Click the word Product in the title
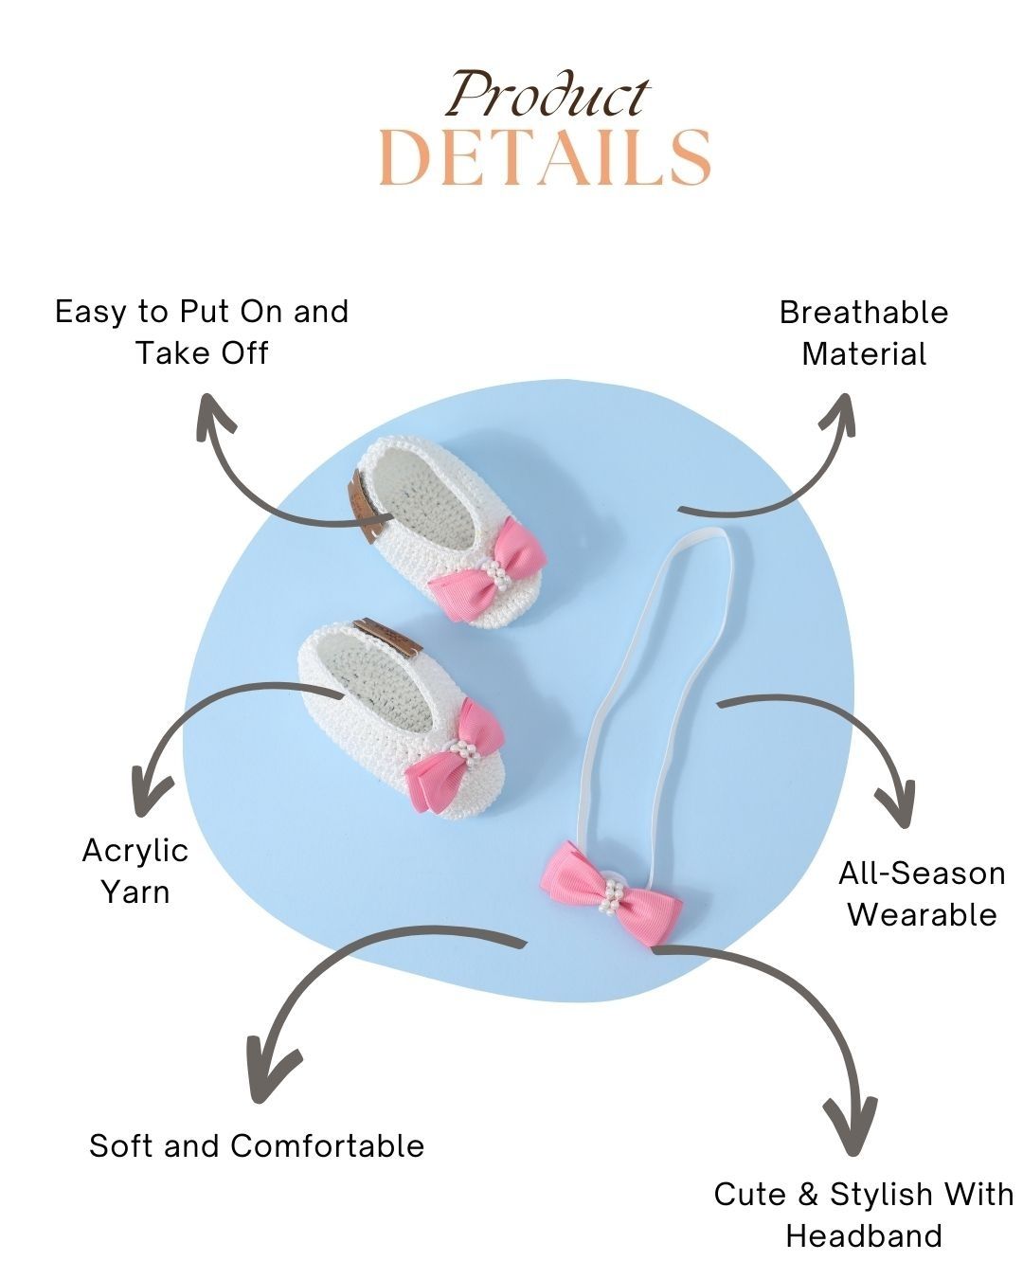pos(548,96)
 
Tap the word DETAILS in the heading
pos(545,157)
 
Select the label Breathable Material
pos(864,333)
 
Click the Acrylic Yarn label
pos(135,871)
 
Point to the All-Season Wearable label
pos(922,893)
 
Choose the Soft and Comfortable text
pos(257,1145)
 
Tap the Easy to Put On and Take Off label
pos(202,332)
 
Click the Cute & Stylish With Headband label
pos(864,1215)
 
